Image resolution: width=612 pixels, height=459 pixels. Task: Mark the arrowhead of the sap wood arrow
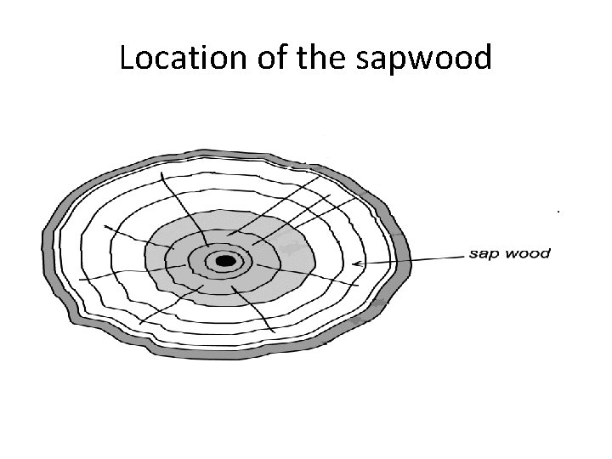356,264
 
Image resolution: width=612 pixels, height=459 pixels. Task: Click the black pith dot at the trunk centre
225,261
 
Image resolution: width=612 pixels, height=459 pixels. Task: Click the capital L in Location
127,59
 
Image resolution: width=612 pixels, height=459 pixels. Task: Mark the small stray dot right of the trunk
558,208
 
